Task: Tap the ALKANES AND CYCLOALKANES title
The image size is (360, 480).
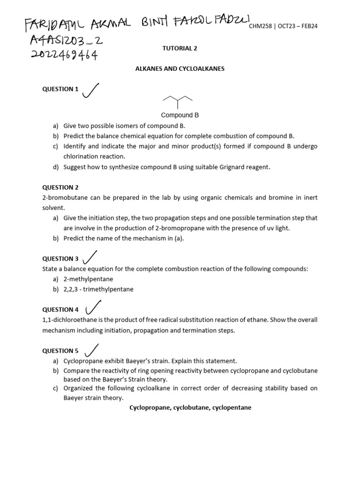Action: pos(180,68)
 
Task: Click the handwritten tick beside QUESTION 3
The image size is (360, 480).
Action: pos(90,257)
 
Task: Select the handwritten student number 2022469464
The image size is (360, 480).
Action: pos(65,56)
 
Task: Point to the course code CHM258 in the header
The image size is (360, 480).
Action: pos(260,26)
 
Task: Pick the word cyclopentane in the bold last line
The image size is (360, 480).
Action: pos(232,408)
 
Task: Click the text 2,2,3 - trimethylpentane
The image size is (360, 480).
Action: pos(98,289)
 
